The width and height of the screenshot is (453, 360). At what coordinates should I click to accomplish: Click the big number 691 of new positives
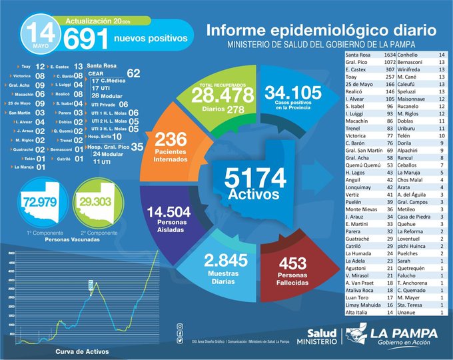pos(86,39)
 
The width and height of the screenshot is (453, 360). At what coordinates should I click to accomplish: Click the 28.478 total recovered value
pos(228,97)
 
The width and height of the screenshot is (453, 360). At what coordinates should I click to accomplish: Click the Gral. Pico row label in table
pos(358,62)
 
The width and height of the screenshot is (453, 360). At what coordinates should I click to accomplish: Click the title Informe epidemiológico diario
pos(321,31)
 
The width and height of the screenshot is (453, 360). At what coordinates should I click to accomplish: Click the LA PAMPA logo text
pos(408,331)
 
